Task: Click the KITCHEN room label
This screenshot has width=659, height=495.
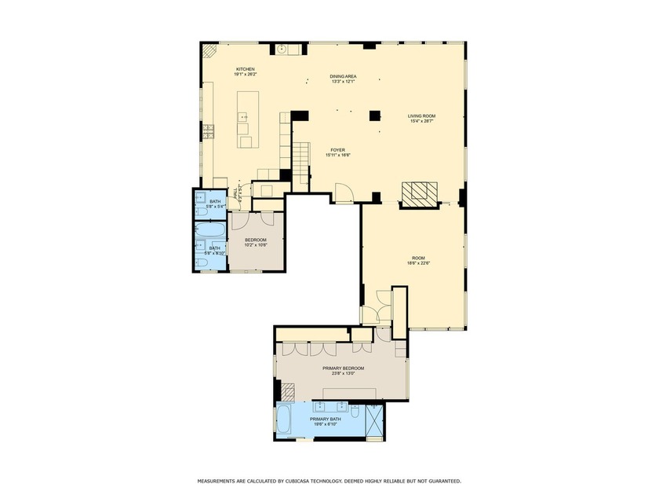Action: point(246,71)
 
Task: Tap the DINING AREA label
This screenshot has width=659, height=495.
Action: point(343,79)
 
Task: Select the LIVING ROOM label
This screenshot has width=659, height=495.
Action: point(421,118)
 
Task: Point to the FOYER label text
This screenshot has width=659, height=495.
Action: point(337,152)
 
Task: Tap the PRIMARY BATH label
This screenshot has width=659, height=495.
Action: point(325,421)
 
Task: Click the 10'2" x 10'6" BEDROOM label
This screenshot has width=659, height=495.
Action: point(256,242)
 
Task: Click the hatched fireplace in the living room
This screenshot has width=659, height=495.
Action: point(417,192)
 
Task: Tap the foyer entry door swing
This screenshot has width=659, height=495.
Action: point(343,192)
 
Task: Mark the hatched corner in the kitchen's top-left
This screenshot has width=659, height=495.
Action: point(209,50)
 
